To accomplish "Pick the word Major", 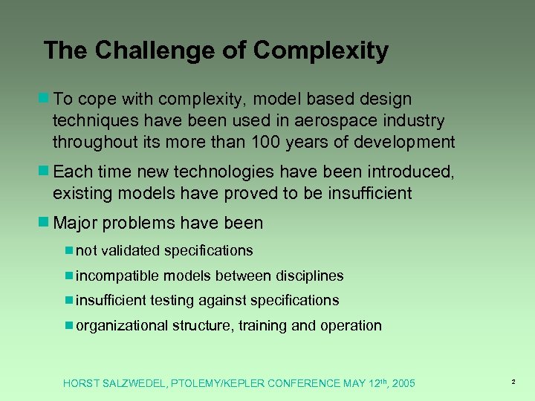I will (x=76, y=223).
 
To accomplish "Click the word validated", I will (x=132, y=251).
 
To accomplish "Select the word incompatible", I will (x=117, y=276).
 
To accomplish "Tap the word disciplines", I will (x=310, y=276).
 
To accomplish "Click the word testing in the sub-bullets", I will (x=172, y=301).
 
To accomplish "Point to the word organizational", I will (x=122, y=326).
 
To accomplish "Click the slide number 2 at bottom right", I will (x=513, y=382).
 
